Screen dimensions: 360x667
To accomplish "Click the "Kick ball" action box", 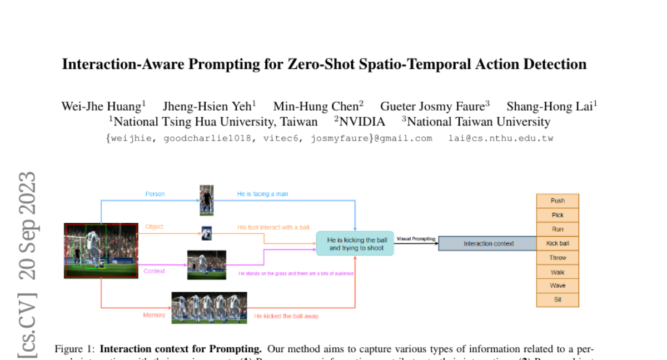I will [x=558, y=243].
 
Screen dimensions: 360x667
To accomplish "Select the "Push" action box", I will [x=558, y=201].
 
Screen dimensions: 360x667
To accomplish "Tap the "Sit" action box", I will [x=558, y=300].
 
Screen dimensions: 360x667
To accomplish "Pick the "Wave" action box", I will [x=558, y=286].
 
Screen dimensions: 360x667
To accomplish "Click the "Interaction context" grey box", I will [x=489, y=243].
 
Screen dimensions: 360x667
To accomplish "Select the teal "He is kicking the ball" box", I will [x=355, y=244].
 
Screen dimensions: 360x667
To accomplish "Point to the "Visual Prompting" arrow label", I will [x=416, y=238].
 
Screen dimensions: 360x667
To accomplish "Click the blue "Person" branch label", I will [x=155, y=194].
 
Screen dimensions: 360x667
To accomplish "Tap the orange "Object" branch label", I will [x=155, y=227].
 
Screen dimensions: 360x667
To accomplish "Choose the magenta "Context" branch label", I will [x=155, y=271].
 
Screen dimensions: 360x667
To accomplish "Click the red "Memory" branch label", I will [x=154, y=315].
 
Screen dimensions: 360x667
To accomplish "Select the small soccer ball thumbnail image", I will [x=207, y=233].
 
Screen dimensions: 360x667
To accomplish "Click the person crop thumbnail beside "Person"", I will [x=207, y=200].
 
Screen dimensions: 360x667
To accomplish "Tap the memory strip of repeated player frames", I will [x=209, y=308].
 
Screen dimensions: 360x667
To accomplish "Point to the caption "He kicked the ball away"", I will [x=286, y=316].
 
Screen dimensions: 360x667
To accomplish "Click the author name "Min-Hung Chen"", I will [x=316, y=106].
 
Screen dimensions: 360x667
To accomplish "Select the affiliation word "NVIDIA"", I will [x=362, y=122].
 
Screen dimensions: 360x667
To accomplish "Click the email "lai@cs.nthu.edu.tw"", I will [x=501, y=138].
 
